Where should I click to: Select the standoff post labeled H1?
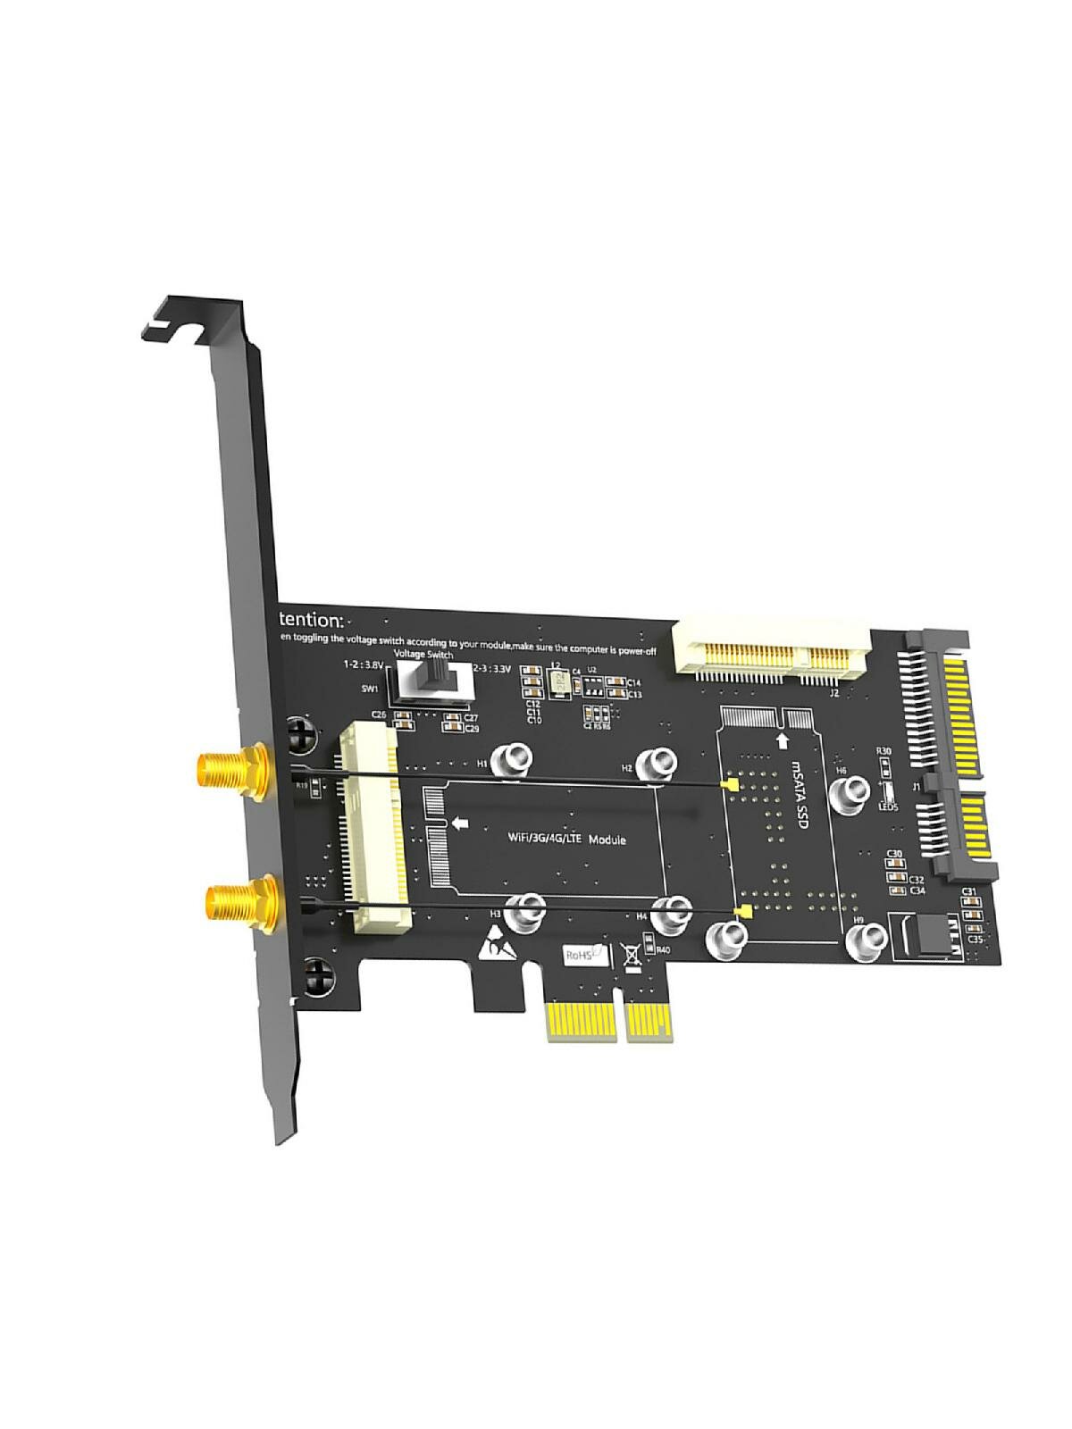click(515, 761)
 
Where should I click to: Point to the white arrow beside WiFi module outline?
click(461, 823)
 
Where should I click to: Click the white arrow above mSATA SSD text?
click(783, 740)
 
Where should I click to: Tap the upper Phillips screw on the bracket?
click(304, 735)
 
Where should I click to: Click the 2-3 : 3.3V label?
click(492, 668)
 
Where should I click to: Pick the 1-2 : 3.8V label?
click(364, 664)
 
